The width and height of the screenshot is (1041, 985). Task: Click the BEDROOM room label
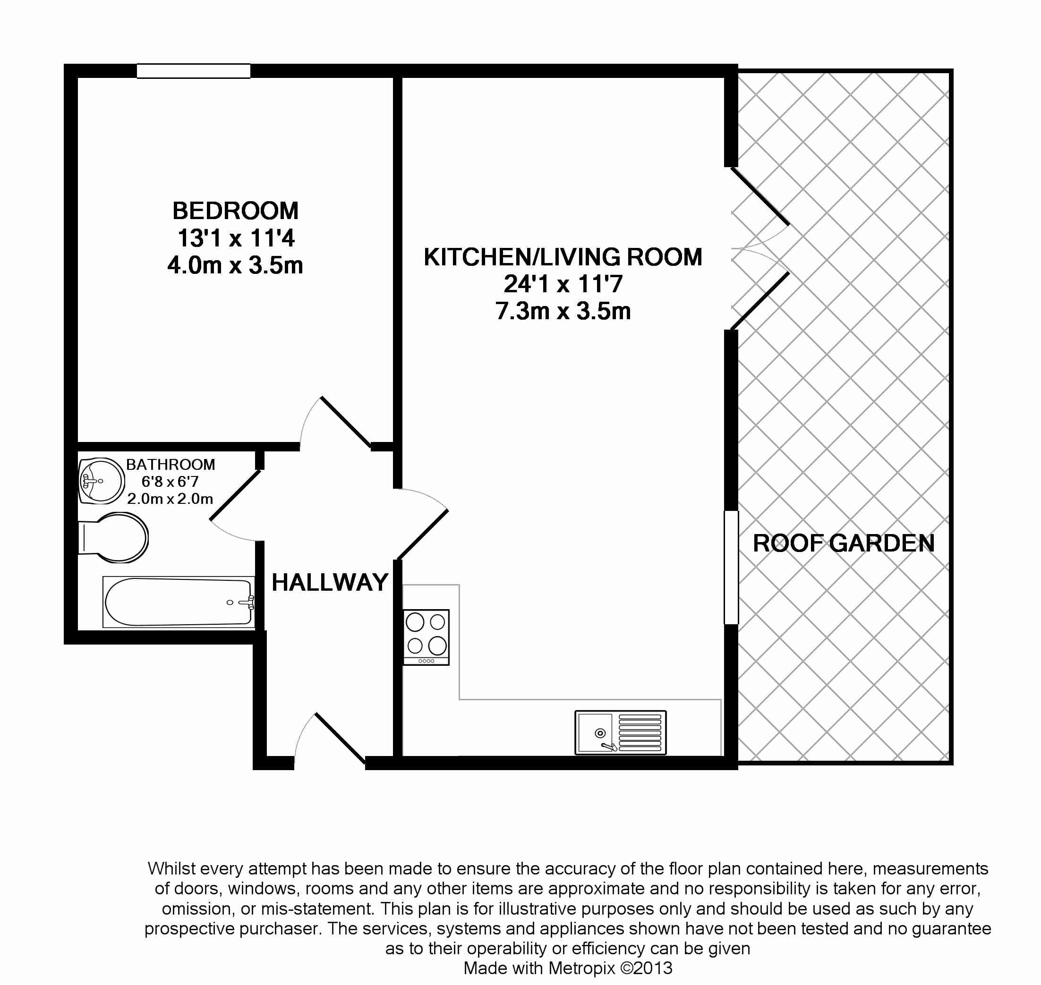(235, 211)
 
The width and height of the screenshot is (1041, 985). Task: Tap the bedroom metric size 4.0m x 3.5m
(235, 265)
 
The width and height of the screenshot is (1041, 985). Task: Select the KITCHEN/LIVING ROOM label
(563, 257)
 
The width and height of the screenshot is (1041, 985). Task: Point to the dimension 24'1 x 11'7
(563, 284)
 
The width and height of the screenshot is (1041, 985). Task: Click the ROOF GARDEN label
(844, 543)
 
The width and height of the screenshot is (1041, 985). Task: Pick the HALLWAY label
(330, 582)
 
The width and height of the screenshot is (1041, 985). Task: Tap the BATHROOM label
(171, 465)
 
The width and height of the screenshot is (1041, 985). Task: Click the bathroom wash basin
(102, 480)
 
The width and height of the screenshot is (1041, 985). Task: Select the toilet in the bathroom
(113, 538)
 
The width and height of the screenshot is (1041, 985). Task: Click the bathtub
(179, 602)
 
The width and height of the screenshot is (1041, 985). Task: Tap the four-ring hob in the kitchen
(426, 637)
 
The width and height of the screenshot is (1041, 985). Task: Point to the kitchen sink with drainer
(620, 732)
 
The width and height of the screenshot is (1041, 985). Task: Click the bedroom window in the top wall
(194, 71)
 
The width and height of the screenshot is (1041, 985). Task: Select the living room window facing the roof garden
(731, 568)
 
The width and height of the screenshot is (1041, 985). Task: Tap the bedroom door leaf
(346, 423)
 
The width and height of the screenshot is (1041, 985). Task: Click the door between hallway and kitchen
(423, 534)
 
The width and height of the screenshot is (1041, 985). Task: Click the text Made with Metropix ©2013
(568, 968)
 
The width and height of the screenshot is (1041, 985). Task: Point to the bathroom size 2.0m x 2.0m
(170, 499)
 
